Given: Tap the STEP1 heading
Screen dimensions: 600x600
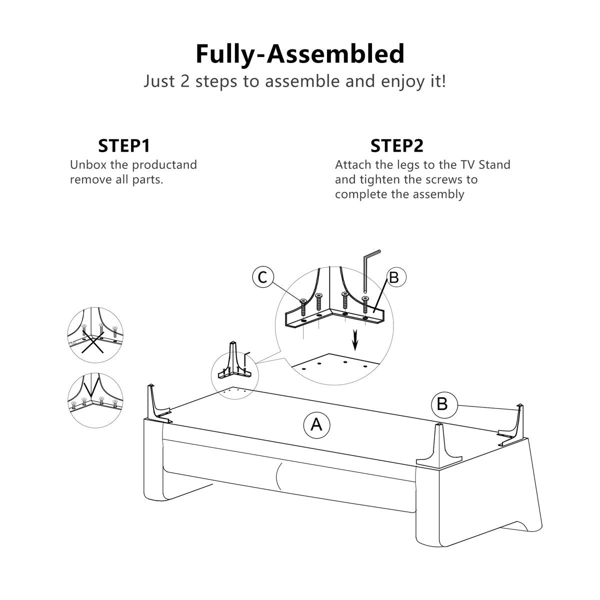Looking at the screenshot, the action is point(124,145).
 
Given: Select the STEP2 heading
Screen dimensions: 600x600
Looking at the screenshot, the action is point(397,145).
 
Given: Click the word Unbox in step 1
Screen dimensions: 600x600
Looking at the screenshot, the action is point(88,164).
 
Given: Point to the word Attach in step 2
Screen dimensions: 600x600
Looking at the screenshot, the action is point(353,164).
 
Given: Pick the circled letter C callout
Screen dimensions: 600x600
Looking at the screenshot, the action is point(263,277).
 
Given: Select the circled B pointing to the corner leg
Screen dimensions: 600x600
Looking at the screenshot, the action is point(442,404).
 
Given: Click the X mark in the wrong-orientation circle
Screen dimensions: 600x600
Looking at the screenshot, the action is point(93,343).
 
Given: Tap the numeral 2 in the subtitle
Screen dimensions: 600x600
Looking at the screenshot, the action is point(185,81).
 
